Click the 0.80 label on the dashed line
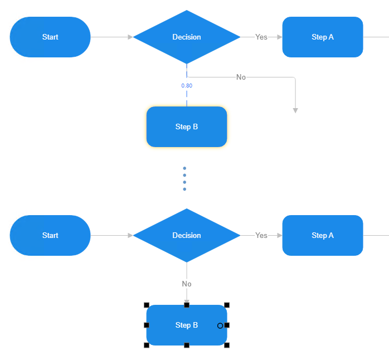187,86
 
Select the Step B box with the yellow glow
187,127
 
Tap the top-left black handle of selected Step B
147,305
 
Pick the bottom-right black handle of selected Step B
227,345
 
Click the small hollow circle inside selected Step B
220,325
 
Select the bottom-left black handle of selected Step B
147,345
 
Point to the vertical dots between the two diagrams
184,178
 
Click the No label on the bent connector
241,77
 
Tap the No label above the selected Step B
187,284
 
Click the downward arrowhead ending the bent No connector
295,110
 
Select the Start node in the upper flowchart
50,37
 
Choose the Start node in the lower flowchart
50,235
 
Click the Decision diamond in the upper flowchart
187,37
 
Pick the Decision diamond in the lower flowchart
187,235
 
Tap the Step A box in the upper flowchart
323,37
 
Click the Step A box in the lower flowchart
323,235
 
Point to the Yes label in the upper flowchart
261,37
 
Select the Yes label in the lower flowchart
261,235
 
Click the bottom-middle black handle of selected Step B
187,345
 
